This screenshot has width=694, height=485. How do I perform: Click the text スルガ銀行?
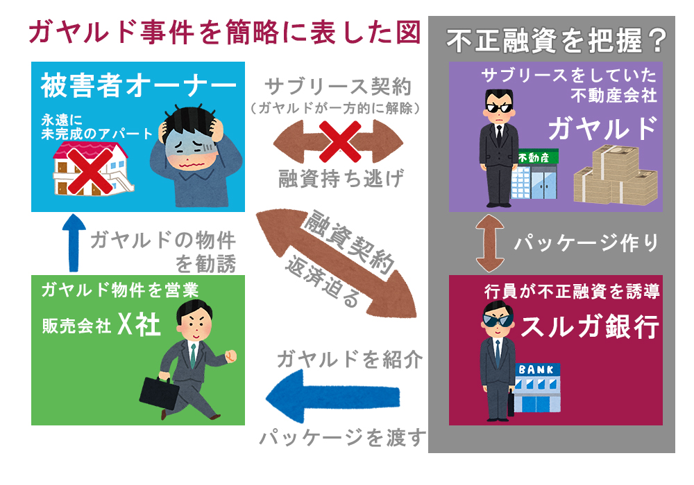click(589, 327)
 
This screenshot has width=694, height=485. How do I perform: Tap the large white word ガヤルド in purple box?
click(602, 128)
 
